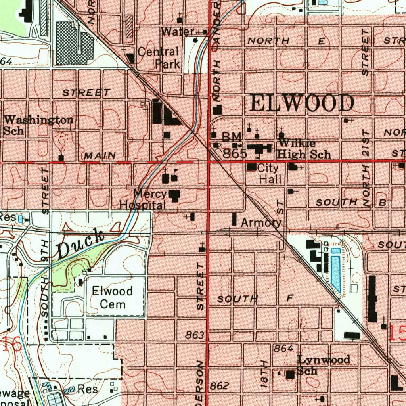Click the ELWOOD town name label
point(302,104)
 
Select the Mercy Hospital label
point(143,200)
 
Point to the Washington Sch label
point(38,125)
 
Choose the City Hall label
point(270,174)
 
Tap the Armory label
point(261,222)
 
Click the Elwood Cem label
point(113,297)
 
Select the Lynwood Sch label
point(323,365)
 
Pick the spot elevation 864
point(283,348)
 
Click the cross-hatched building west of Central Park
point(74,43)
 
